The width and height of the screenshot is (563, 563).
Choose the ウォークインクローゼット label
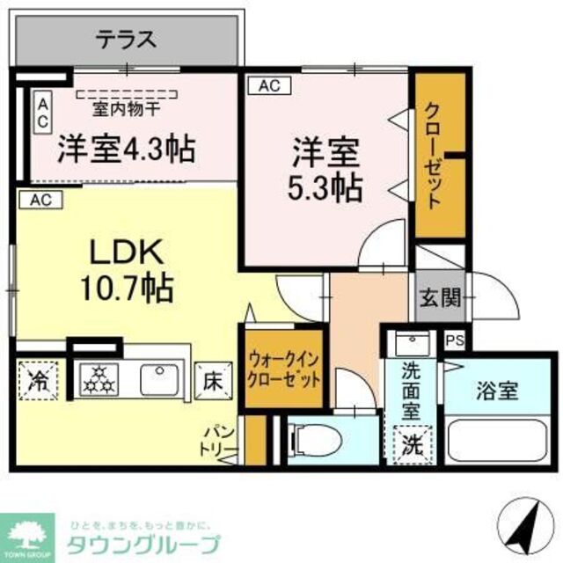pos(283,370)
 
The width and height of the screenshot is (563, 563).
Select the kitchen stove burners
pos(98,380)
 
